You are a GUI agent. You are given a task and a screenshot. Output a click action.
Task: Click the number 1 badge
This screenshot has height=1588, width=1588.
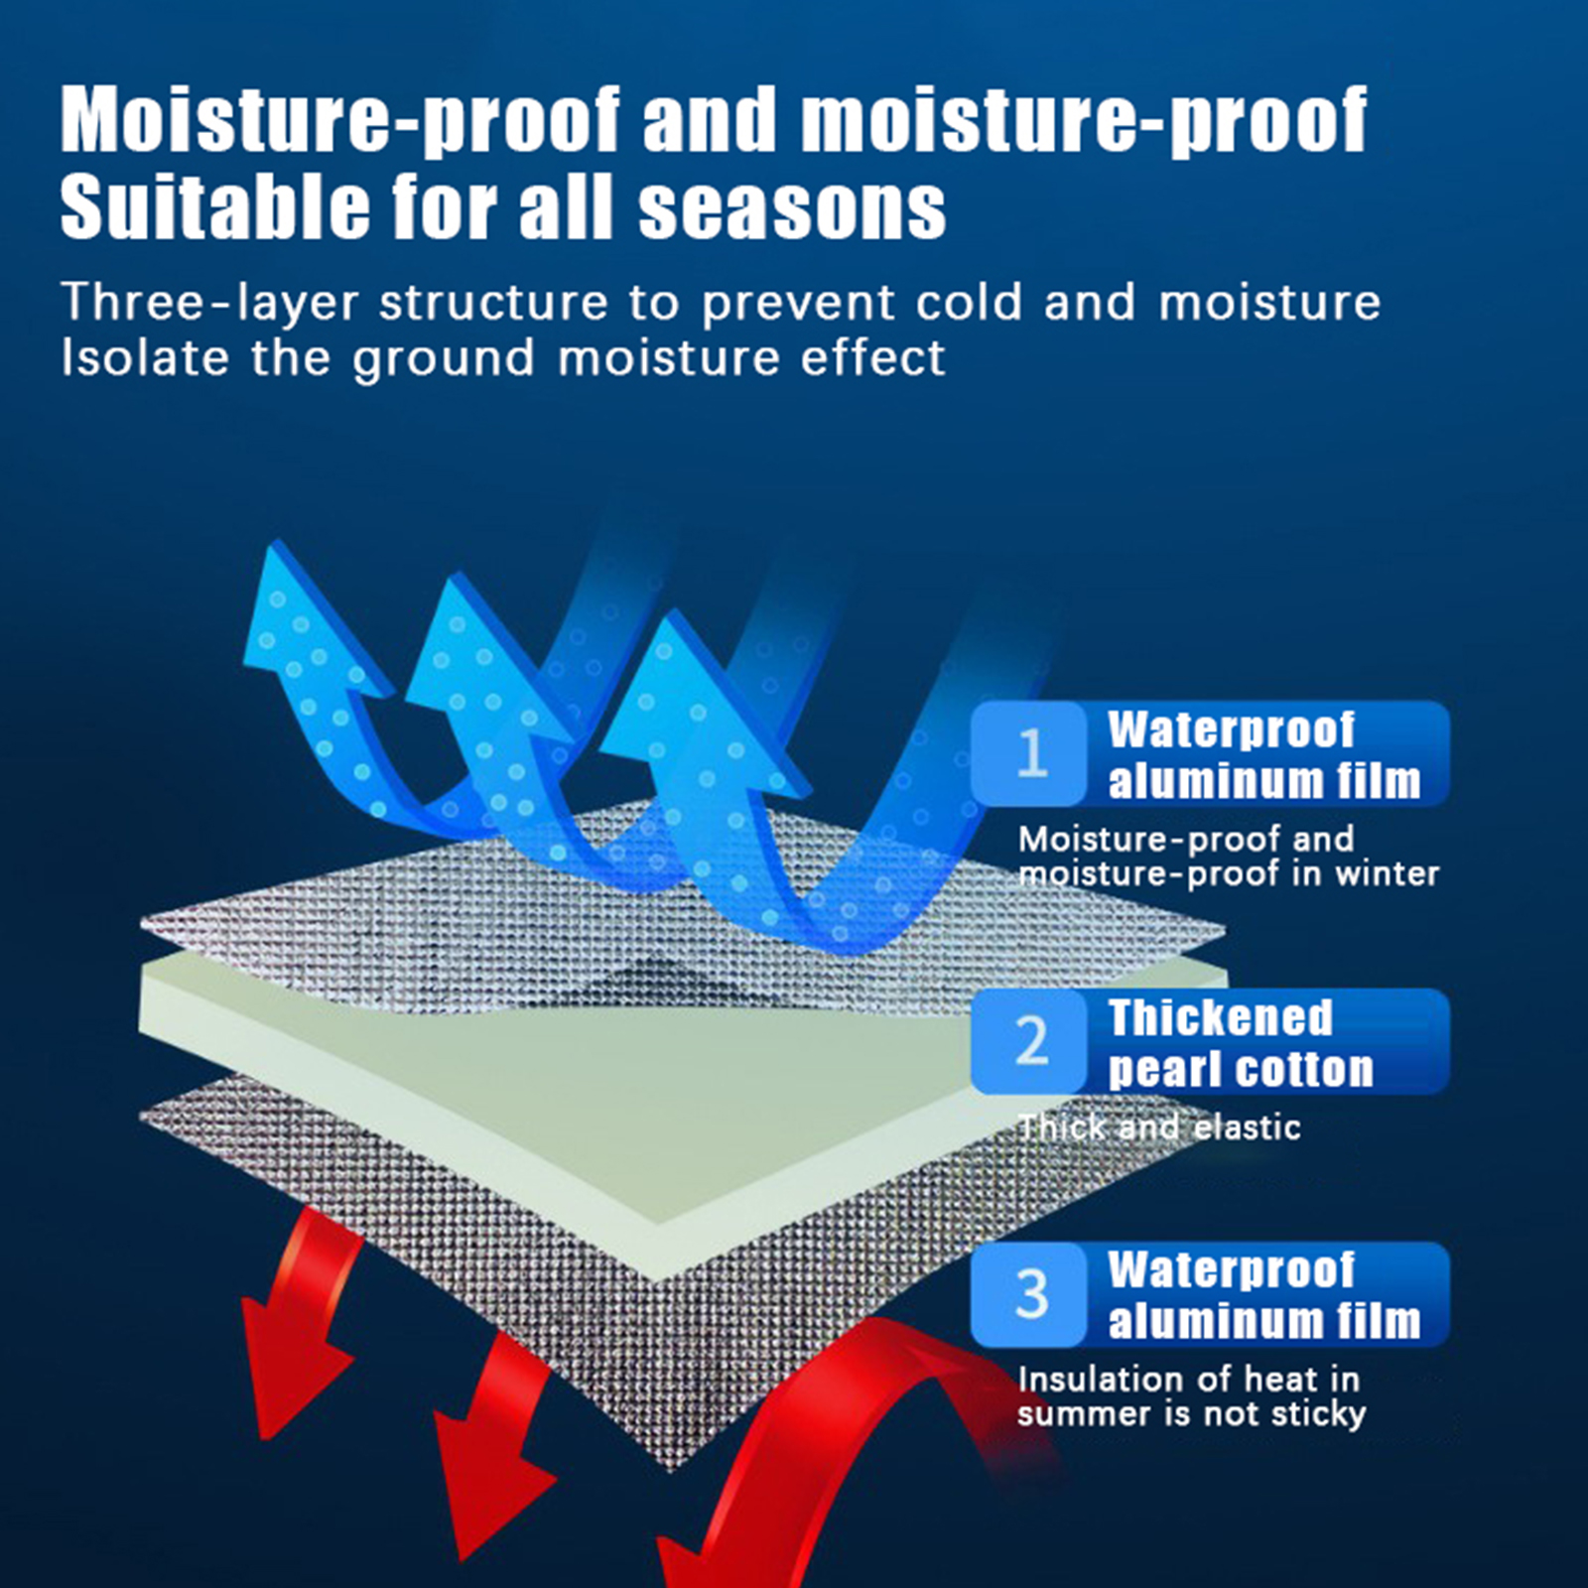coord(1029,753)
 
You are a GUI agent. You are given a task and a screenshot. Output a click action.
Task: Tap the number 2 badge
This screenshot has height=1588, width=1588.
coord(1029,1041)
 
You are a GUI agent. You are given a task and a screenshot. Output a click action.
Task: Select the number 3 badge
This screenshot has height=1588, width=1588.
coord(1029,1294)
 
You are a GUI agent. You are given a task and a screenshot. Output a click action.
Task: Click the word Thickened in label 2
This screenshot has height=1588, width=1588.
coord(1220,1017)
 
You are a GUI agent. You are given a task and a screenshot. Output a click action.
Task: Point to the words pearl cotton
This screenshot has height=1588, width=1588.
coord(1241,1070)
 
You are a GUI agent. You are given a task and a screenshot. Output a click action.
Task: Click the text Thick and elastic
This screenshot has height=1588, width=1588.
coord(1159,1127)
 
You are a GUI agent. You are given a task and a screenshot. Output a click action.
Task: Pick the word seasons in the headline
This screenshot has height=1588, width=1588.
coord(792,210)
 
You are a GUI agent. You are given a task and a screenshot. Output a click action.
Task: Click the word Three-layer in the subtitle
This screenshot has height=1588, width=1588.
coord(208,303)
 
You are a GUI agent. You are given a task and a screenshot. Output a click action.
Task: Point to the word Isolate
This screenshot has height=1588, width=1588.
coord(145,357)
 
